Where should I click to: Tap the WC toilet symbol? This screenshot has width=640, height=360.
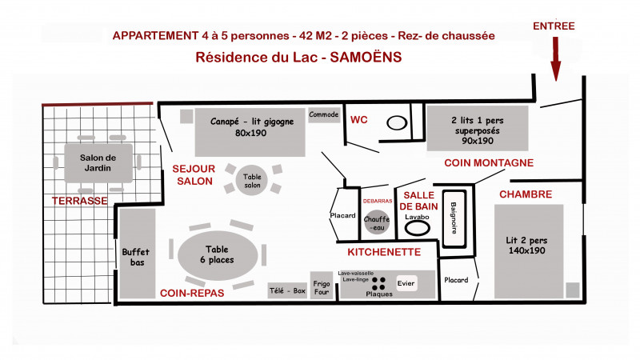pyautogui.click(x=398, y=123)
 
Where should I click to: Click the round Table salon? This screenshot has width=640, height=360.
pyautogui.click(x=253, y=181)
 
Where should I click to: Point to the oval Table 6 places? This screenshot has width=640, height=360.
pyautogui.click(x=218, y=254)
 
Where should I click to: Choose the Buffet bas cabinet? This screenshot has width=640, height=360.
pyautogui.click(x=136, y=254)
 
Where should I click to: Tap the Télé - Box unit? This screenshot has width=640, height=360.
pyautogui.click(x=287, y=291)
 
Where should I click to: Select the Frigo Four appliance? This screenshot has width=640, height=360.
pyautogui.click(x=322, y=287)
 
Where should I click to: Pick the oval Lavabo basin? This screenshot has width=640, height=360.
pyautogui.click(x=418, y=226)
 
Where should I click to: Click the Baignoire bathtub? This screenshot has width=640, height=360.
pyautogui.click(x=454, y=215)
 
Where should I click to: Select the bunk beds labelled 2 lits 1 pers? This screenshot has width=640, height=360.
pyautogui.click(x=477, y=129)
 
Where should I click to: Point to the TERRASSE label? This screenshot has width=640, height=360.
pyautogui.click(x=79, y=201)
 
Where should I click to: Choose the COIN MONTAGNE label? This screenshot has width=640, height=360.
pyautogui.click(x=489, y=163)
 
